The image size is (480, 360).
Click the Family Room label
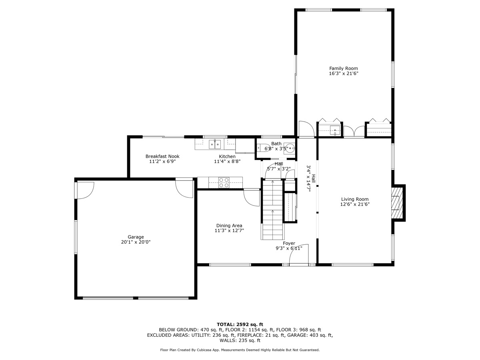pyautogui.click(x=343, y=68)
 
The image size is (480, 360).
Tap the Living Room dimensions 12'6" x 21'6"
pyautogui.click(x=355, y=204)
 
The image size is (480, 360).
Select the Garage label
pyautogui.click(x=136, y=237)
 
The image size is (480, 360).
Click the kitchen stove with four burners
pyautogui.click(x=224, y=182)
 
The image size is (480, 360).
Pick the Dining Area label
pyautogui.click(x=229, y=226)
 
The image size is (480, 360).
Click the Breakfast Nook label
pyautogui.click(x=162, y=156)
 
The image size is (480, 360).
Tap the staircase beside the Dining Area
pyautogui.click(x=272, y=210)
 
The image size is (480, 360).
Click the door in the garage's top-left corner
pyautogui.click(x=85, y=190)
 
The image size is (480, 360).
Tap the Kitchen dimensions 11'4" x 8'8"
pyautogui.click(x=227, y=162)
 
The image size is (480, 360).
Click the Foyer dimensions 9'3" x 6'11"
pyautogui.click(x=289, y=248)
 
